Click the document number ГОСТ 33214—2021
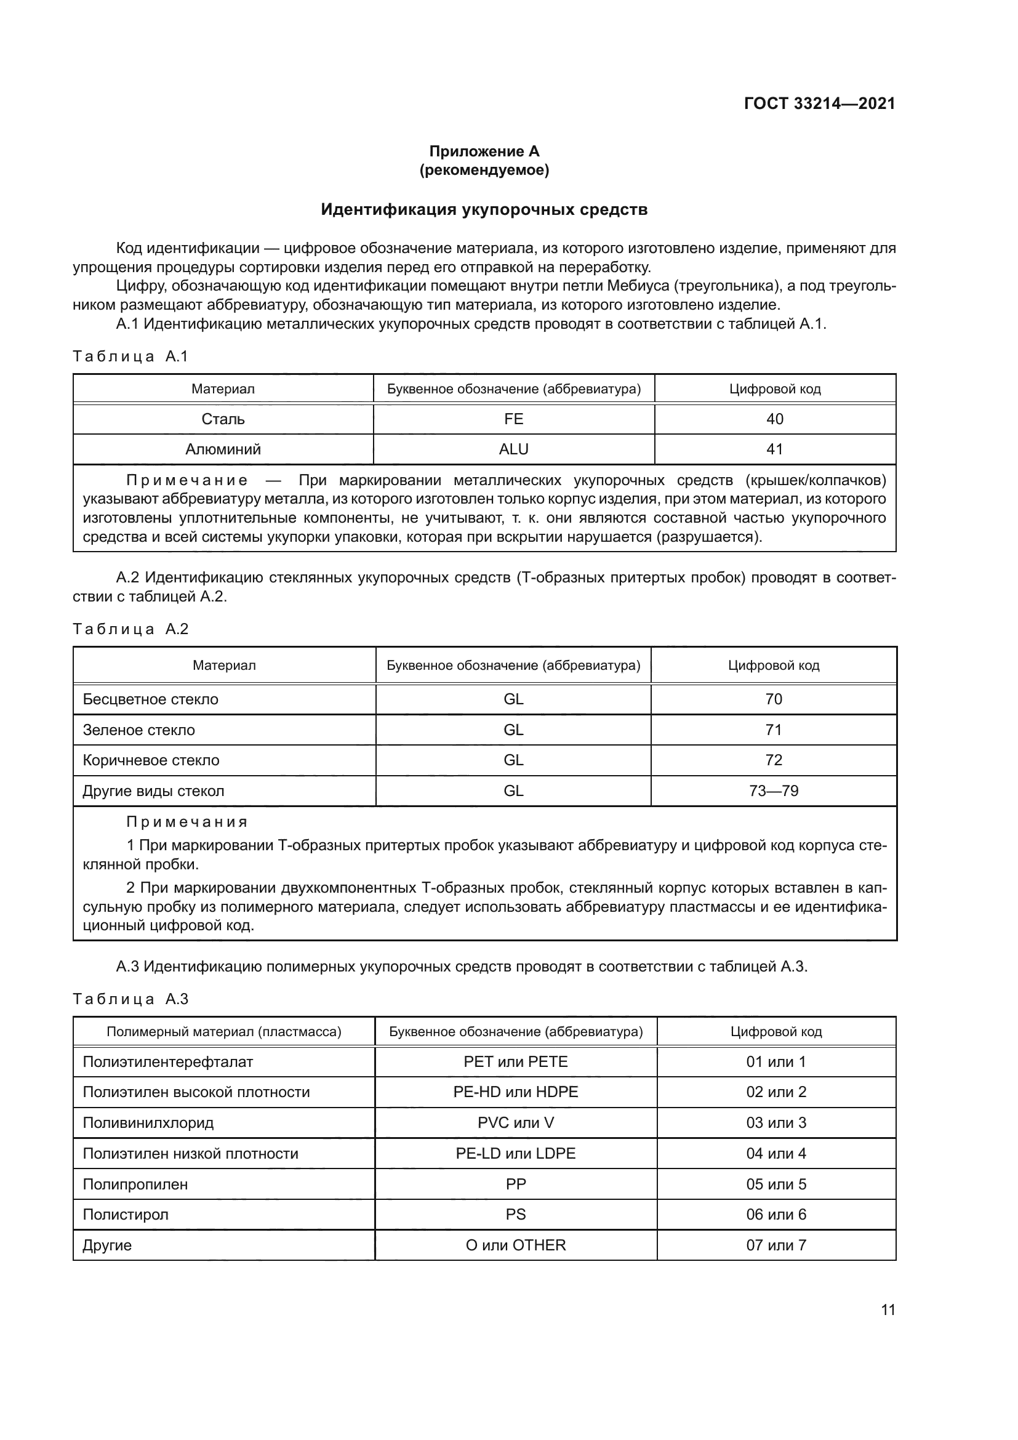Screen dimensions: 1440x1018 pos(819,103)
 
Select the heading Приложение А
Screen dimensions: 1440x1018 pos(484,151)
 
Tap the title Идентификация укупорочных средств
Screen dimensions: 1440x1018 pos(484,209)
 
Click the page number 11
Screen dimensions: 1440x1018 pos(888,1309)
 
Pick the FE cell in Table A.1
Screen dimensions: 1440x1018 pos(513,419)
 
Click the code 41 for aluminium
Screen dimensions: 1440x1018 pos(775,449)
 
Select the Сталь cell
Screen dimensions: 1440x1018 pos(223,419)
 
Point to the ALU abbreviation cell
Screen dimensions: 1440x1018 pos(513,449)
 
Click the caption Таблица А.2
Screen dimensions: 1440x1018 pos(130,629)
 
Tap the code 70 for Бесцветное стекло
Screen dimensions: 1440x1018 pos(774,699)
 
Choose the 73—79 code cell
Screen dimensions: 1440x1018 pos(774,791)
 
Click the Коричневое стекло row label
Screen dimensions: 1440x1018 pos(151,760)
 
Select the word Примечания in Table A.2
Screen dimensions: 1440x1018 pos(187,822)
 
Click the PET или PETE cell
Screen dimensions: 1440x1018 pos(515,1062)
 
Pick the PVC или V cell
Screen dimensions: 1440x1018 pos(515,1123)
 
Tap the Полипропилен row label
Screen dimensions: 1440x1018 pos(135,1184)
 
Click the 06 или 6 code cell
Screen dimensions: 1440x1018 pos(776,1214)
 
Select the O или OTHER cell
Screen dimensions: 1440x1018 pos(515,1245)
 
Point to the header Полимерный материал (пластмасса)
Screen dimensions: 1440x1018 pos(224,1032)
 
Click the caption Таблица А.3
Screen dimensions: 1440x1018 pos(130,999)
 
